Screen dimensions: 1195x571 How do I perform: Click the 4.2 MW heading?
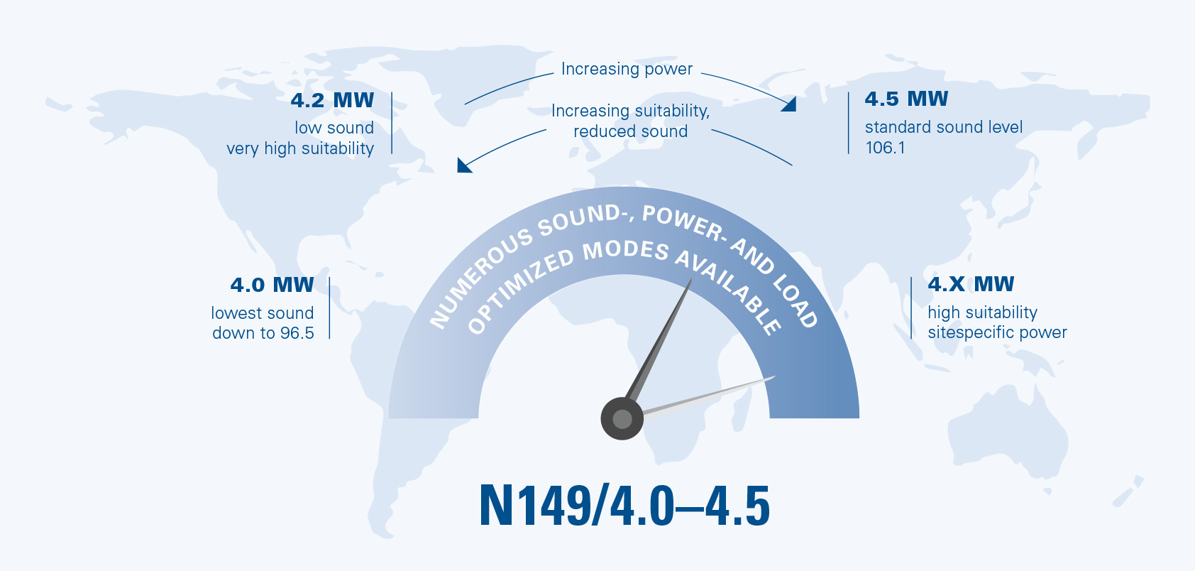(x=332, y=100)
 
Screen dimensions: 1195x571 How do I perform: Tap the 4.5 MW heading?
(x=906, y=99)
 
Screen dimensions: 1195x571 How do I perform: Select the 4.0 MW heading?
(x=272, y=285)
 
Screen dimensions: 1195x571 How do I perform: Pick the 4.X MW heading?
(x=971, y=283)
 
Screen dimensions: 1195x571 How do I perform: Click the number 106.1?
(x=885, y=148)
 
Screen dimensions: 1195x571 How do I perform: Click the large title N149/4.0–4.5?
(x=624, y=506)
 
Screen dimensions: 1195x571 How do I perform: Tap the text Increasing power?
(x=627, y=69)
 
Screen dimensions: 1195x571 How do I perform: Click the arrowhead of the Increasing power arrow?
(x=790, y=104)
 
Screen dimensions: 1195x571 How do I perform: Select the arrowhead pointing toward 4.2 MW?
(x=463, y=166)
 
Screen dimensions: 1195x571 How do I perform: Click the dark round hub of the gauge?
(x=622, y=419)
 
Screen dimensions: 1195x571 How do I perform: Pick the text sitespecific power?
(x=997, y=332)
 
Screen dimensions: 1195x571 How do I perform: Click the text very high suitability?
(x=300, y=148)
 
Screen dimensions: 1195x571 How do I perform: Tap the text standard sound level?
(x=944, y=127)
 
